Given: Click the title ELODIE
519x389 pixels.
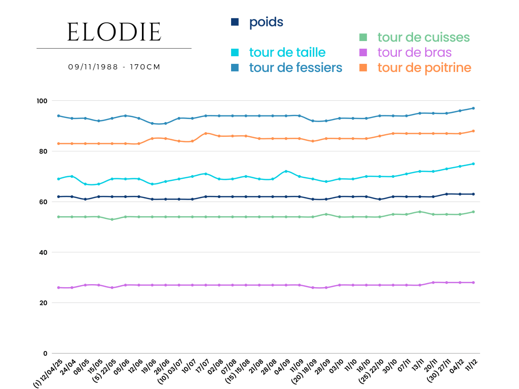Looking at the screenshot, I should click(114, 33).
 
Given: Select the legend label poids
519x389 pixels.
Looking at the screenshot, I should click(266, 22).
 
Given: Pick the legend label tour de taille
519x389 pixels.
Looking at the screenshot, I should click(287, 52).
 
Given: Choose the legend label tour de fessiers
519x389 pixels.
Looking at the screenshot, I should click(295, 67).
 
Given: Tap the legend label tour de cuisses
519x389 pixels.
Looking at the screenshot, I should click(423, 37).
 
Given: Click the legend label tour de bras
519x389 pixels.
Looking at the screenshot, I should click(414, 52).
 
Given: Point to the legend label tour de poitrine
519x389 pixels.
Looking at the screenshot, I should click(424, 67).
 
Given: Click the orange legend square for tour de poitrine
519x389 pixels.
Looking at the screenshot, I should click(363, 67).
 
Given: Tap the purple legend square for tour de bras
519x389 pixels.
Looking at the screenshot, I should click(363, 52).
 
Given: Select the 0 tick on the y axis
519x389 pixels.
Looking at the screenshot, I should click(46, 354).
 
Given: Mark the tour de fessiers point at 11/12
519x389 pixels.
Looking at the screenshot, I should click(473, 108).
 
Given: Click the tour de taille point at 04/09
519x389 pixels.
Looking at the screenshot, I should click(286, 171).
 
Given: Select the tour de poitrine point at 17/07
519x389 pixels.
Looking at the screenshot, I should click(206, 133).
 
